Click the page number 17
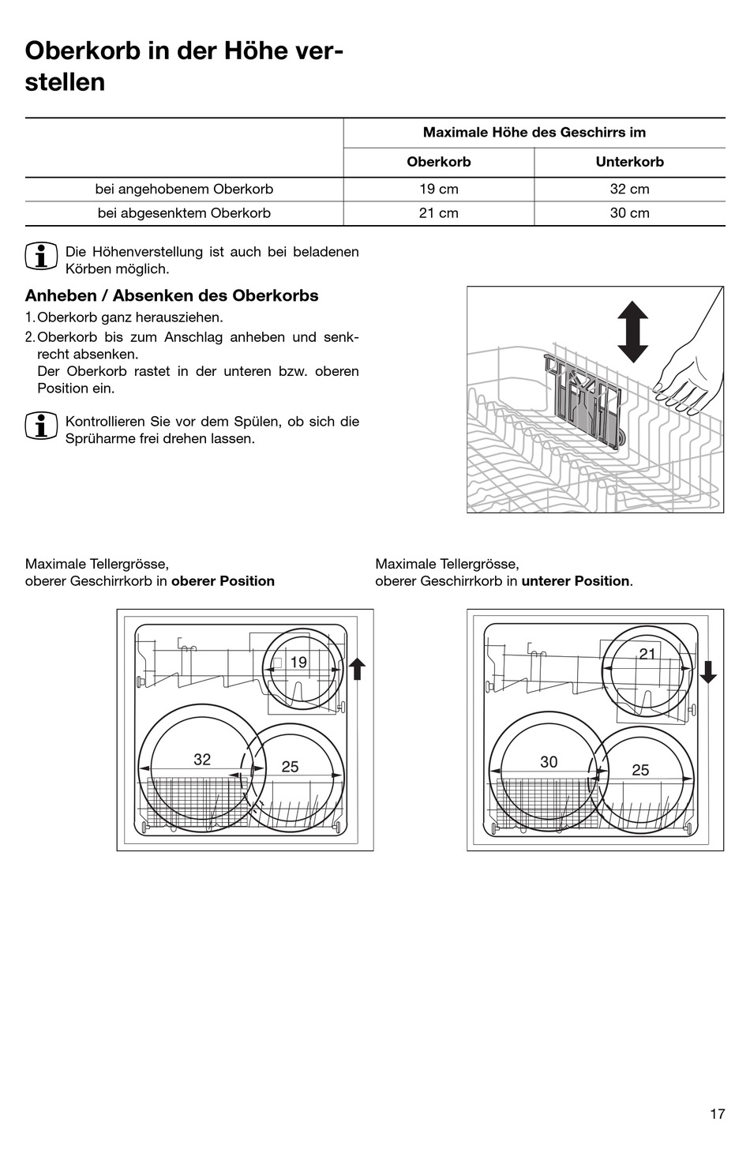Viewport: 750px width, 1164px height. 717,1114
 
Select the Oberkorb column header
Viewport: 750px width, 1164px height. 439,162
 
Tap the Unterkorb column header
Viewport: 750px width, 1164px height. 629,162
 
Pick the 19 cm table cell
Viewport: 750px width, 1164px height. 439,190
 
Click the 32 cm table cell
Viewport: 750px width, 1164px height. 629,190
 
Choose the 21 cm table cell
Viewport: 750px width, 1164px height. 439,213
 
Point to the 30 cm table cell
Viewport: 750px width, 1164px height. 629,213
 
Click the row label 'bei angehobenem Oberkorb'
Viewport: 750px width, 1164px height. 184,190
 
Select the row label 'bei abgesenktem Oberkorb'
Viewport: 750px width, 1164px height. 184,213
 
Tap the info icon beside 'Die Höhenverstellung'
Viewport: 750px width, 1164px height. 41,257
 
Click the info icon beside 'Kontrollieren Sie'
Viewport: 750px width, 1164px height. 41,426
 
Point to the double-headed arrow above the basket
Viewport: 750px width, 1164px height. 632,332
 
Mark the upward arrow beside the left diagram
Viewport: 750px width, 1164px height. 357,668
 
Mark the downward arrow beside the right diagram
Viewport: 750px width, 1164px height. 708,671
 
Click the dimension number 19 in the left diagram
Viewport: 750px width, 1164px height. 298,663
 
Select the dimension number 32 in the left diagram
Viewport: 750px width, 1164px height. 202,759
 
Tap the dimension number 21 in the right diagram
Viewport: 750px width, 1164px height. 647,654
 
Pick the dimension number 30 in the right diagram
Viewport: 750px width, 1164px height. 549,761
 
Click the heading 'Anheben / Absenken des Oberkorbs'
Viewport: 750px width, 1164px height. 172,296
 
